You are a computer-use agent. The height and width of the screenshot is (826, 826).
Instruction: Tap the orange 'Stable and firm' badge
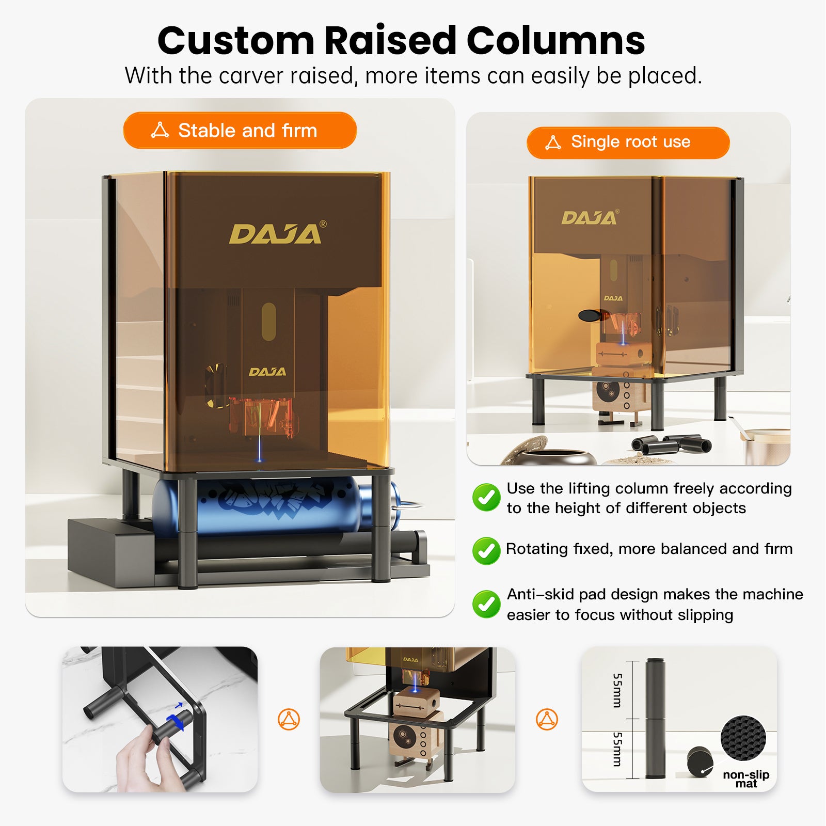point(240,131)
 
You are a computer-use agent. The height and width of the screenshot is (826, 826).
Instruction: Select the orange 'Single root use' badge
point(628,142)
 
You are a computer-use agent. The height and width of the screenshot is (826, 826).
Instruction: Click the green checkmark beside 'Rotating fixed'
point(486,550)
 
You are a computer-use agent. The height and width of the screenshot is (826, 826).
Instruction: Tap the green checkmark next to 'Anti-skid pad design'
point(486,604)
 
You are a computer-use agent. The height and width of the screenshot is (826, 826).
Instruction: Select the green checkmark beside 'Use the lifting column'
point(486,497)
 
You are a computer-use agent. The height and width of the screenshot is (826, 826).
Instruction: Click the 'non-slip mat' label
point(746,779)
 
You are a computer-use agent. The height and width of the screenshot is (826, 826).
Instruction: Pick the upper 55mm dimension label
point(617,690)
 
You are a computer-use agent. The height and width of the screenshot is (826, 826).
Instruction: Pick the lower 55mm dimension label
point(617,749)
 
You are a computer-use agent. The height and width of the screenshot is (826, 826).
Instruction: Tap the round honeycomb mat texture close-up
point(743,738)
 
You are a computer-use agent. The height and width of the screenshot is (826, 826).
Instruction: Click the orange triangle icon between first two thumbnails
point(289,719)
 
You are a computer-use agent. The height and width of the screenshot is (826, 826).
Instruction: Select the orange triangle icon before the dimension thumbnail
point(547,719)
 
